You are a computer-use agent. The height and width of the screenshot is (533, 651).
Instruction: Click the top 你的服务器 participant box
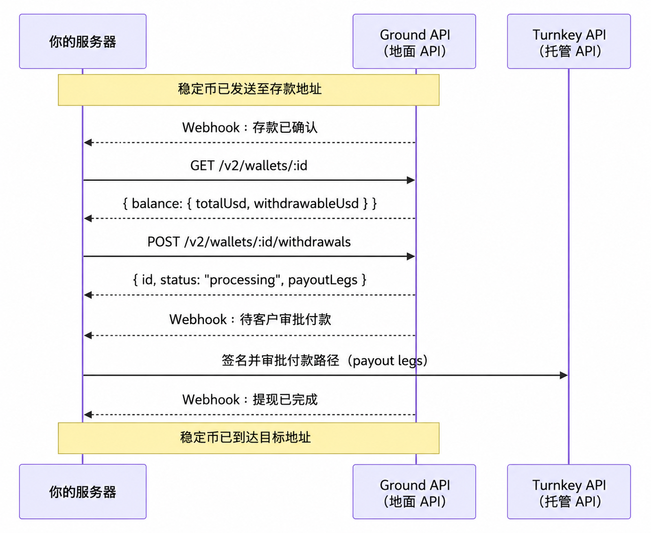pyautogui.click(x=83, y=41)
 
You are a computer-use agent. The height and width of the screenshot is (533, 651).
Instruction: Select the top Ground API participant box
pyautogui.click(x=414, y=41)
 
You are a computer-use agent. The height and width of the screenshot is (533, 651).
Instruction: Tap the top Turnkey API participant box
pyautogui.click(x=569, y=41)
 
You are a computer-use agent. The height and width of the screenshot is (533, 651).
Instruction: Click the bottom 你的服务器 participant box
pyautogui.click(x=83, y=492)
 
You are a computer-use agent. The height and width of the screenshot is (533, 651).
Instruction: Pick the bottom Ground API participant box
pyautogui.click(x=414, y=492)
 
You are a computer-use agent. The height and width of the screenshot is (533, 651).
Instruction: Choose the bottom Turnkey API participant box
pyautogui.click(x=569, y=492)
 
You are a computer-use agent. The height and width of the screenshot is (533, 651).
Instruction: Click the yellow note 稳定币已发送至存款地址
pyautogui.click(x=249, y=90)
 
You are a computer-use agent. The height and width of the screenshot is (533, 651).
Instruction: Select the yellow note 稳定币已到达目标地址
pyautogui.click(x=249, y=438)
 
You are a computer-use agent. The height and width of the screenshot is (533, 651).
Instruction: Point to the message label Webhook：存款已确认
pyautogui.click(x=250, y=127)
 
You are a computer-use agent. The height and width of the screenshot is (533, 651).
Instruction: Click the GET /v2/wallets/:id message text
pyautogui.click(x=249, y=166)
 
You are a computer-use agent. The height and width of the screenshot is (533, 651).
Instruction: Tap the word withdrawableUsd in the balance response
pyautogui.click(x=306, y=203)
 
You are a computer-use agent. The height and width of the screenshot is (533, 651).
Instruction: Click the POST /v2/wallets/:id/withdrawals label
pyautogui.click(x=249, y=242)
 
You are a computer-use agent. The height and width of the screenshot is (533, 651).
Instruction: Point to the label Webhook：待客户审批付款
pyautogui.click(x=250, y=319)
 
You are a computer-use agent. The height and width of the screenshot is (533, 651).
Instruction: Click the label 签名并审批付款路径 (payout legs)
pyautogui.click(x=325, y=361)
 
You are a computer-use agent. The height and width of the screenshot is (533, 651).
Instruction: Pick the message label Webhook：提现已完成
pyautogui.click(x=250, y=400)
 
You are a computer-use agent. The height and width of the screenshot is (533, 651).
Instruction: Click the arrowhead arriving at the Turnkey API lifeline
pyautogui.click(x=564, y=375)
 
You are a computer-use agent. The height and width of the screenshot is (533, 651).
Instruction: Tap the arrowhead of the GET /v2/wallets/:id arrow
pyautogui.click(x=411, y=180)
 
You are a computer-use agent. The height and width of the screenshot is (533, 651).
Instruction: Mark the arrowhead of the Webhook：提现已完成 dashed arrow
pyautogui.click(x=88, y=415)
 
